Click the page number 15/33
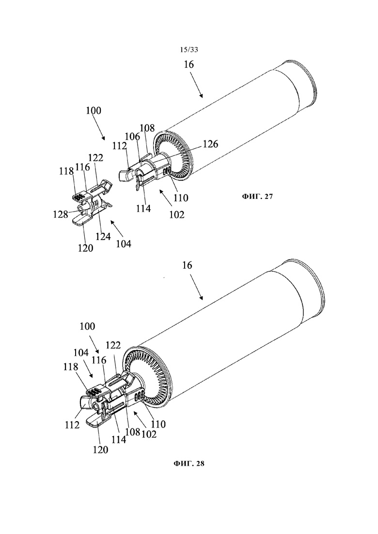(x=189, y=50)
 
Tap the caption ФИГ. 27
(x=257, y=197)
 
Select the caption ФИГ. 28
(x=189, y=463)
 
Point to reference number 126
(x=210, y=144)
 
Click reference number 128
(x=61, y=214)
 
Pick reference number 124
(x=103, y=236)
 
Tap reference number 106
(x=133, y=137)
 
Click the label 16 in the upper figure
(x=189, y=64)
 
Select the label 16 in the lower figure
(x=187, y=265)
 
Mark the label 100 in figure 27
(x=94, y=111)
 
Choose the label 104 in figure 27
(x=124, y=244)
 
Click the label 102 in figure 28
(x=149, y=434)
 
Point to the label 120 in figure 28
(x=100, y=449)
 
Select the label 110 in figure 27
(x=181, y=198)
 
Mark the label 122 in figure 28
(x=113, y=345)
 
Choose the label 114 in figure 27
(x=143, y=208)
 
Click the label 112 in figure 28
(x=72, y=425)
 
